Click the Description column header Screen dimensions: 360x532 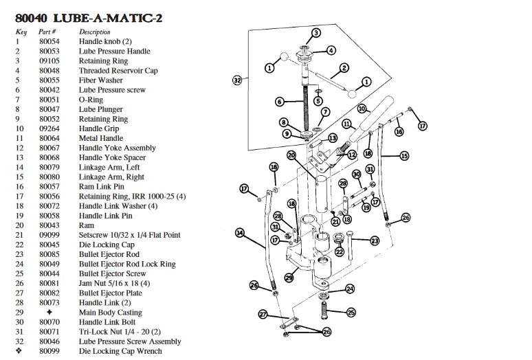pyautogui.click(x=95, y=32)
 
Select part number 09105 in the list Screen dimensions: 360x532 pyautogui.click(x=49, y=60)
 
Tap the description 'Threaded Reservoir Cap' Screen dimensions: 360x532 pyautogui.click(x=118, y=70)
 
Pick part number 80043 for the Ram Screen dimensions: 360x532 pyautogui.click(x=49, y=225)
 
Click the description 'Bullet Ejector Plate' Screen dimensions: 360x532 pyautogui.click(x=111, y=293)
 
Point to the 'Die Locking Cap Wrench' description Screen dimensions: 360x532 pyautogui.click(x=121, y=351)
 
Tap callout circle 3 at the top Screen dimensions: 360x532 pyautogui.click(x=316, y=33)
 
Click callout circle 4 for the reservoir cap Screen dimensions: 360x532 pyautogui.click(x=331, y=50)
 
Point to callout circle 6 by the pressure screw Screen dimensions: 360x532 pyautogui.click(x=280, y=102)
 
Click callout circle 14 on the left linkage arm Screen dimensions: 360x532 pyautogui.click(x=240, y=233)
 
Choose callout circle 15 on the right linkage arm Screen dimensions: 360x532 pyautogui.click(x=404, y=156)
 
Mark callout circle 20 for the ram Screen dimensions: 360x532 pyautogui.click(x=291, y=155)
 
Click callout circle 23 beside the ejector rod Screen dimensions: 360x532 pyautogui.click(x=375, y=240)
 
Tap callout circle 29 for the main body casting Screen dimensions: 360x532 pyautogui.click(x=289, y=278)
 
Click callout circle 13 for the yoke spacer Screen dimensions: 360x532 pyautogui.click(x=333, y=137)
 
